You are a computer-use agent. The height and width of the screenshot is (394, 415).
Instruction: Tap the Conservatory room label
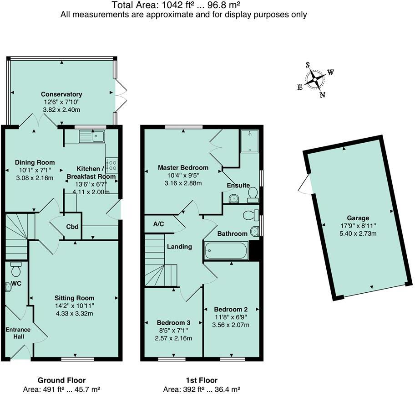click(x=61, y=94)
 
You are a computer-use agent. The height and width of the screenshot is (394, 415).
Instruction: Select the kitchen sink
click(x=92, y=136)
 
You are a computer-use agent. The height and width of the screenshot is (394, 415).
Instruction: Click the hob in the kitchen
click(x=111, y=165)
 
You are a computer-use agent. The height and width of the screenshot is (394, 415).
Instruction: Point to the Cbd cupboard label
click(x=72, y=227)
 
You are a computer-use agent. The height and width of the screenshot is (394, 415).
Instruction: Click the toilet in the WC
click(x=16, y=269)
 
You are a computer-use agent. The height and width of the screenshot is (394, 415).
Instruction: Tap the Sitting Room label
click(x=74, y=298)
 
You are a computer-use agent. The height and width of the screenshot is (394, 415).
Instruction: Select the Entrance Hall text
click(x=18, y=333)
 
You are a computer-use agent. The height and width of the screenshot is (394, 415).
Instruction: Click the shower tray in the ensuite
click(x=249, y=141)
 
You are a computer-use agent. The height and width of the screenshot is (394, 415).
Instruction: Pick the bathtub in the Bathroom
click(x=226, y=250)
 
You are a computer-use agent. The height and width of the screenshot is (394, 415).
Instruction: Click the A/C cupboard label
click(x=158, y=224)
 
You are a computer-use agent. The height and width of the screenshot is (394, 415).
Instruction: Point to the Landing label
click(x=179, y=247)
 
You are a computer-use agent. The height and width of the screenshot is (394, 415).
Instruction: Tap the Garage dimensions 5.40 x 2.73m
click(x=358, y=233)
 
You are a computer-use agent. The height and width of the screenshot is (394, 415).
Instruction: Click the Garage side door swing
click(x=304, y=184)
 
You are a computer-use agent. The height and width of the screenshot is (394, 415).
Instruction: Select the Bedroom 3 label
click(x=173, y=322)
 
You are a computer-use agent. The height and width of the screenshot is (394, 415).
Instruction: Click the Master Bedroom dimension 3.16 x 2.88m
click(x=183, y=183)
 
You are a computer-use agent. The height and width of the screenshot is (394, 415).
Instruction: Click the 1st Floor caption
click(x=202, y=380)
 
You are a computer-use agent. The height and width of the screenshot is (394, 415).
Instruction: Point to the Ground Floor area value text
click(x=61, y=389)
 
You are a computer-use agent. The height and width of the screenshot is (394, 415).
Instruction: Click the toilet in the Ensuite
click(x=252, y=195)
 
